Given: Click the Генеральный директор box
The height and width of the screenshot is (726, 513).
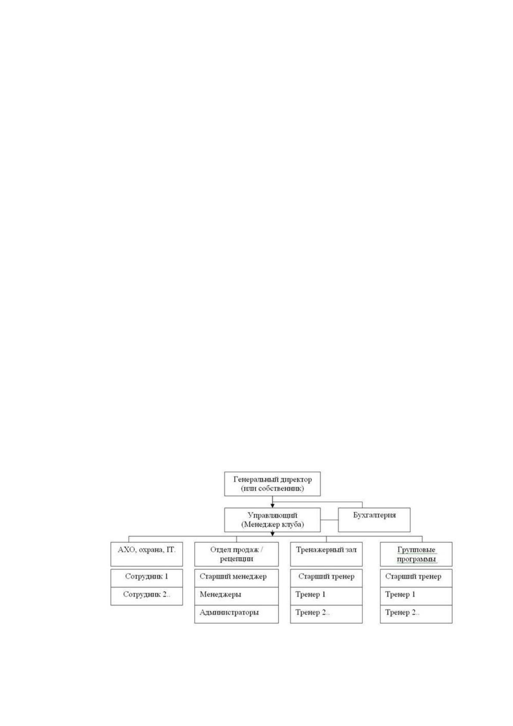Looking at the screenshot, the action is pyautogui.click(x=272, y=484).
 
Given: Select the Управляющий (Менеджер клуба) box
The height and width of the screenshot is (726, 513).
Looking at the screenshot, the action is pyautogui.click(x=272, y=519).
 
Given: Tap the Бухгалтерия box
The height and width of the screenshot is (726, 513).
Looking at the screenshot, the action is pyautogui.click(x=374, y=519).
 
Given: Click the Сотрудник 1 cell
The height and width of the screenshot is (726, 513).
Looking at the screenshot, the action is pyautogui.click(x=147, y=578).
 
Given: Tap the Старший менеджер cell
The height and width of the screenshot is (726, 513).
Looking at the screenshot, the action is pyautogui.click(x=236, y=578).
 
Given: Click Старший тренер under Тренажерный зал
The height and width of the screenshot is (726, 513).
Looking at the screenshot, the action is pyautogui.click(x=326, y=578).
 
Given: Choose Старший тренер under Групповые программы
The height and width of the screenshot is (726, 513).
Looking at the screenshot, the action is pyautogui.click(x=416, y=578).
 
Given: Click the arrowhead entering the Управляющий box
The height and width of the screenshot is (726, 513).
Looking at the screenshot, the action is pyautogui.click(x=272, y=506).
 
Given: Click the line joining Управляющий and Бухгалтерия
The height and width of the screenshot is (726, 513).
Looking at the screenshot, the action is pyautogui.click(x=330, y=520).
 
